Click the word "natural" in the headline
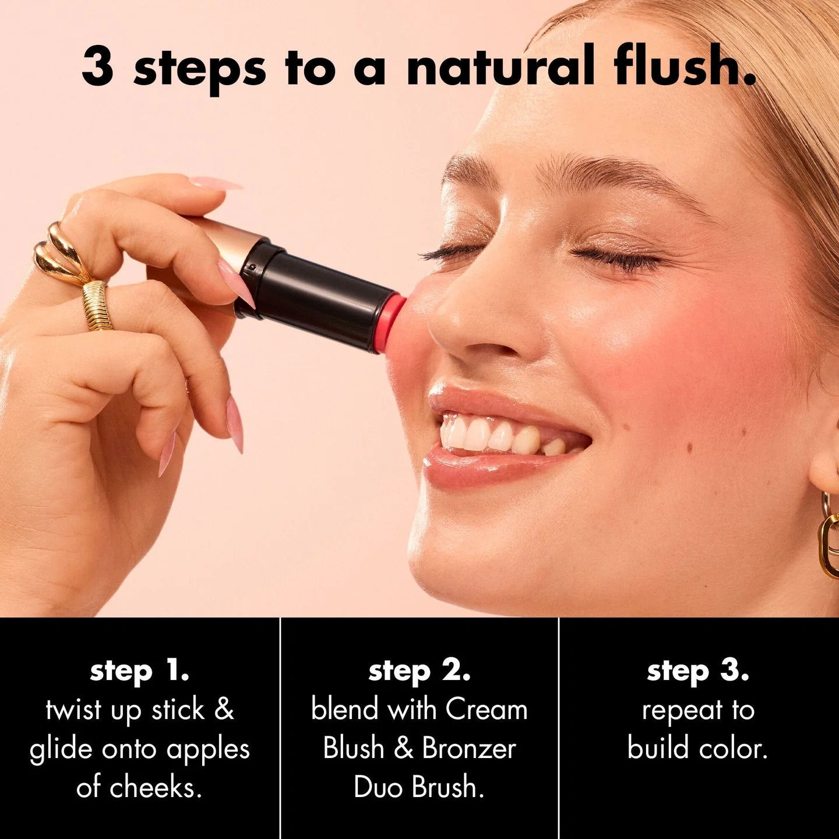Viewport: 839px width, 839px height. click(500, 67)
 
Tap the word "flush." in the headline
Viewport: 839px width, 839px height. click(683, 66)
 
